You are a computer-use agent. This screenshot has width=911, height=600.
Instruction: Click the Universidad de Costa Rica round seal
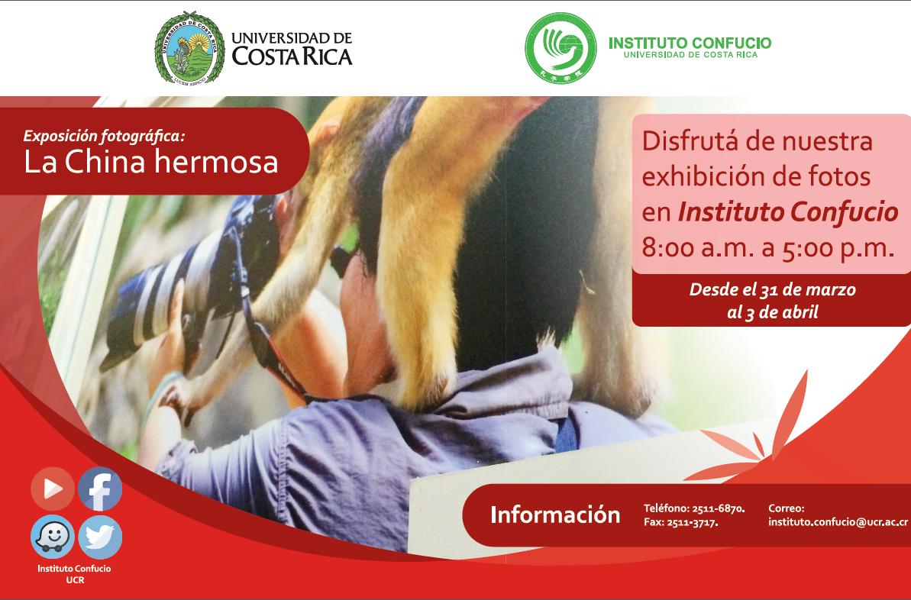189,47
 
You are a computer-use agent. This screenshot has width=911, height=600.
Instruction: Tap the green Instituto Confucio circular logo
560,47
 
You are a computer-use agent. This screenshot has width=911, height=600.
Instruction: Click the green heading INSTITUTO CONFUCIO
690,43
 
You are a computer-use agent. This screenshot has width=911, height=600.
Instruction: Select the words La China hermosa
151,163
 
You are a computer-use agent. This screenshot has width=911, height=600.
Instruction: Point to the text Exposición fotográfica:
104,136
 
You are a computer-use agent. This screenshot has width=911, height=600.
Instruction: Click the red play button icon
52,489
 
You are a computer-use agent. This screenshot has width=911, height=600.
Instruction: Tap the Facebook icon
100,489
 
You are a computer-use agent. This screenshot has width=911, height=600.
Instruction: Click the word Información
555,515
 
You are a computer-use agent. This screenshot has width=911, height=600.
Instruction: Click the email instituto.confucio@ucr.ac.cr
838,522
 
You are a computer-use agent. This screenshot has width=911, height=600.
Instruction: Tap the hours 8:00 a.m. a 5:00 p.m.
767,248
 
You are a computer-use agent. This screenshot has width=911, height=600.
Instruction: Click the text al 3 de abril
772,312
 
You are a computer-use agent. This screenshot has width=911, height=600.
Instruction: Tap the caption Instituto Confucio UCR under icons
74,574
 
